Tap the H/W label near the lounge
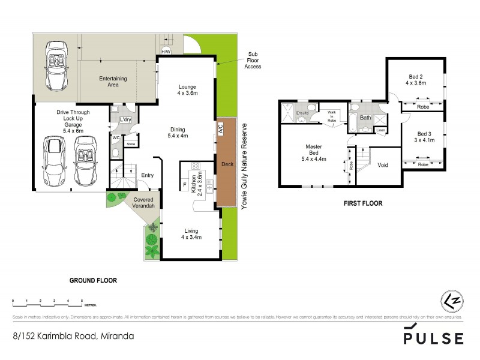click(166, 52)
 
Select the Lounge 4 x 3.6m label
click(187, 90)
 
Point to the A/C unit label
click(221, 130)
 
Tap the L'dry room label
click(126, 120)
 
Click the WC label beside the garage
click(116, 137)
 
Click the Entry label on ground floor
click(147, 175)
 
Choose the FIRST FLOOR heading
click(362, 203)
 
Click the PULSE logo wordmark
click(433, 338)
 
